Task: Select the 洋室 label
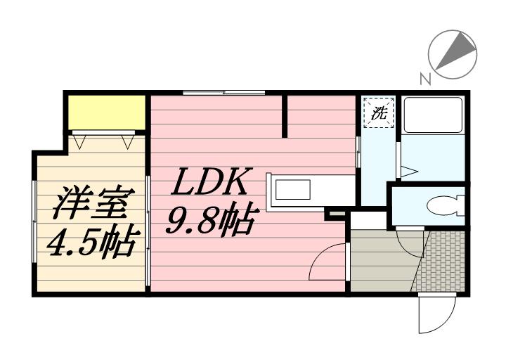tap(93, 202)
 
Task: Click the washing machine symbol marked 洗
tap(379, 112)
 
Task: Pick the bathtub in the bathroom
tap(433, 115)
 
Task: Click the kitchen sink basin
tap(292, 190)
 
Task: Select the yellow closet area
tap(107, 112)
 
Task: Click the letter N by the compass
tap(426, 79)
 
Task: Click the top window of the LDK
tap(224, 93)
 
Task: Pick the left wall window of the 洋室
tap(34, 221)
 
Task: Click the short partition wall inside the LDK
tap(285, 116)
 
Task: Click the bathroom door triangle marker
tap(409, 172)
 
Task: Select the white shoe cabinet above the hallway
tap(368, 221)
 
